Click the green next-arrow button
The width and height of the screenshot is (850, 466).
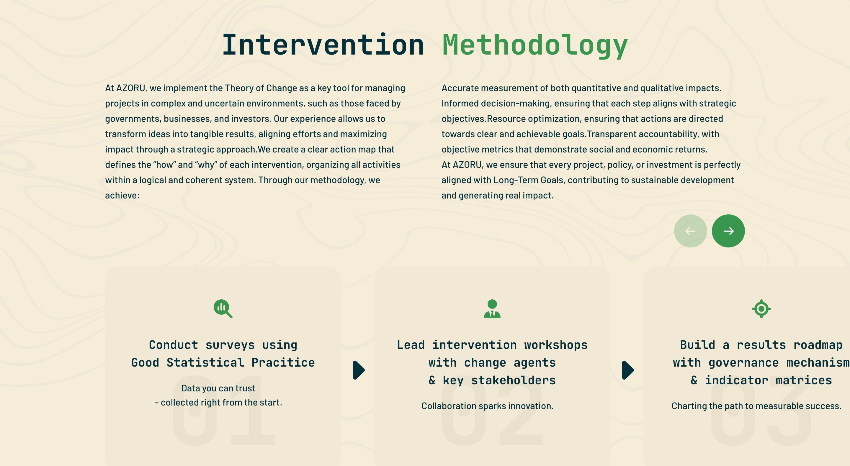(x=728, y=231)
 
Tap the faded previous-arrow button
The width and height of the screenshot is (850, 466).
(x=690, y=231)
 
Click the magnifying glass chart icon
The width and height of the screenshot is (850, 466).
(x=223, y=309)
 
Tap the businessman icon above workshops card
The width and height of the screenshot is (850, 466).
(x=492, y=309)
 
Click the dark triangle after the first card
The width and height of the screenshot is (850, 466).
(x=359, y=370)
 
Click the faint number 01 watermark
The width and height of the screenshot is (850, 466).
(x=224, y=411)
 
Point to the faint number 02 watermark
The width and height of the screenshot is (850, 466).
(x=492, y=411)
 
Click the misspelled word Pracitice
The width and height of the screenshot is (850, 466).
(x=283, y=362)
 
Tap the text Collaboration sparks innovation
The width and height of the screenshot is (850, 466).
(x=487, y=406)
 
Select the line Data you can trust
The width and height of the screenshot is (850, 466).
(x=218, y=388)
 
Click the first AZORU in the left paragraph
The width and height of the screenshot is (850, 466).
(x=131, y=88)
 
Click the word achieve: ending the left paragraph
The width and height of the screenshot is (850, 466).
(x=122, y=196)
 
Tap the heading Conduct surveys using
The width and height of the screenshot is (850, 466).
(x=223, y=345)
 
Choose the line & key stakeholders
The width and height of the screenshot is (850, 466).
(x=492, y=380)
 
